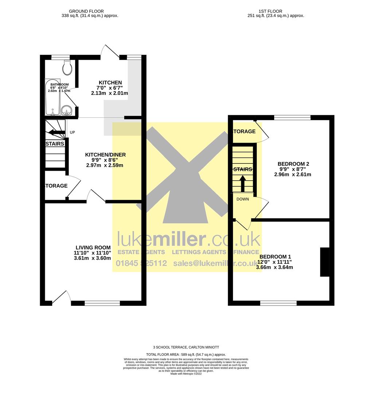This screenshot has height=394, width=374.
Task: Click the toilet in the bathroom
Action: click(67, 67)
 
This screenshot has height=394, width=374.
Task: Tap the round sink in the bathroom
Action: click(66, 110)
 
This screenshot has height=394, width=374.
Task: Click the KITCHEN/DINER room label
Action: click(105, 155)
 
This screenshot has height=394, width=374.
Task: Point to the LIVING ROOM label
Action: click(93, 248)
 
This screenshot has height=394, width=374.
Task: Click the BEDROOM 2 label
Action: click(293, 164)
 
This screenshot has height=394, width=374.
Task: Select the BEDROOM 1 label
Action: click(275, 256)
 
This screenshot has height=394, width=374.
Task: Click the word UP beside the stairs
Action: click(72, 132)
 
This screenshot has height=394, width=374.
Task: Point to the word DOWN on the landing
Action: click(243, 199)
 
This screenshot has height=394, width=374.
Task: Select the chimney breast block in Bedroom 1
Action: click(324, 262)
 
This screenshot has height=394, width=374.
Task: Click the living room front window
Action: click(102, 303)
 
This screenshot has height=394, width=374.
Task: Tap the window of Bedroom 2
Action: click(292, 117)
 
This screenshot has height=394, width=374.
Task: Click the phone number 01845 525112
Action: click(141, 263)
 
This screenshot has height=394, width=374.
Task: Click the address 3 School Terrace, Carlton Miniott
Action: click(186, 347)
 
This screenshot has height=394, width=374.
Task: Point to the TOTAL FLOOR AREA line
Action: click(186, 355)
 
